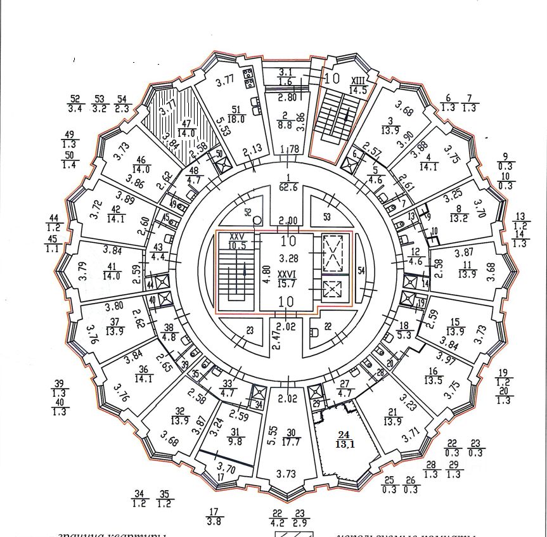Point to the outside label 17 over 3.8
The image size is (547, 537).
tap(214, 516)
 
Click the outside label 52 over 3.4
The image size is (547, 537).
tap(75, 103)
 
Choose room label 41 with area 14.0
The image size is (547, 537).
tap(112, 271)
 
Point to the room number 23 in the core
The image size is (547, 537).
tap(250, 330)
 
